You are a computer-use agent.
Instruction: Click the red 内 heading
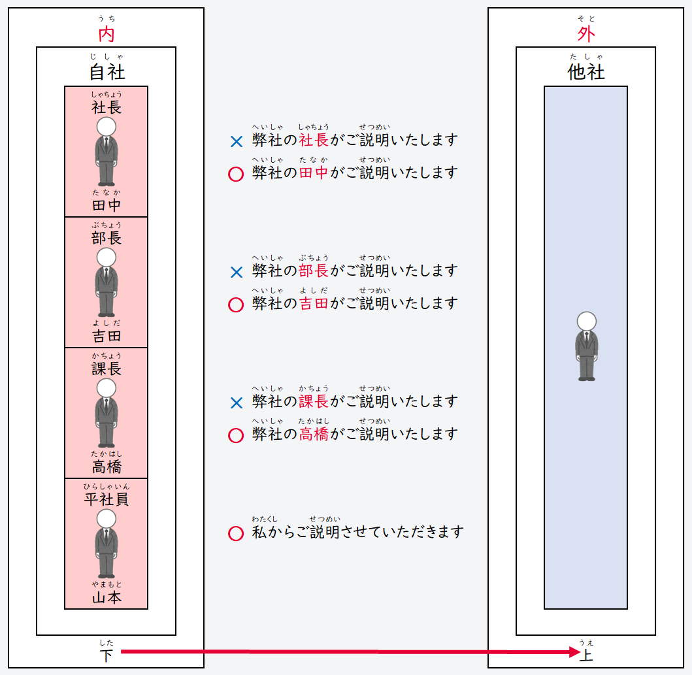(106, 34)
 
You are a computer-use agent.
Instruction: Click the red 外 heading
(586, 34)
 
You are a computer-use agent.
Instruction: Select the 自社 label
(107, 71)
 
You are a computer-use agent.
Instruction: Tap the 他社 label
(586, 71)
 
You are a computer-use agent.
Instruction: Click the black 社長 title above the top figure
(107, 107)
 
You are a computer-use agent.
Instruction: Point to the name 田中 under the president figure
(107, 205)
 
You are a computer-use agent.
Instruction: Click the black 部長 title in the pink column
(107, 238)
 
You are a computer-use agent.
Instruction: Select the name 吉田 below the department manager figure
(107, 336)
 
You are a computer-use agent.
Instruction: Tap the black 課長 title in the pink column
(107, 369)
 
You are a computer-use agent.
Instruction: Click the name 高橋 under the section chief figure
(107, 467)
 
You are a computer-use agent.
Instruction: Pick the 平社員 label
(107, 499)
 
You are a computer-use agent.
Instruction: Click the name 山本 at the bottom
(107, 597)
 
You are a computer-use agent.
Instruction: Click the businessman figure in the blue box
(586, 346)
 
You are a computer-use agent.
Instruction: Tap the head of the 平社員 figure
(106, 519)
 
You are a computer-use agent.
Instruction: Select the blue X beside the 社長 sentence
(237, 141)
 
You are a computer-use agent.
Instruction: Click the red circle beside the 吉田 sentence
(236, 305)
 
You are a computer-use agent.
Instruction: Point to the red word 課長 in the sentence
(314, 401)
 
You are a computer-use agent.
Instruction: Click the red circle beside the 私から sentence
(236, 533)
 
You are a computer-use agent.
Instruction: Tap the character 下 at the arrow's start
(106, 655)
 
